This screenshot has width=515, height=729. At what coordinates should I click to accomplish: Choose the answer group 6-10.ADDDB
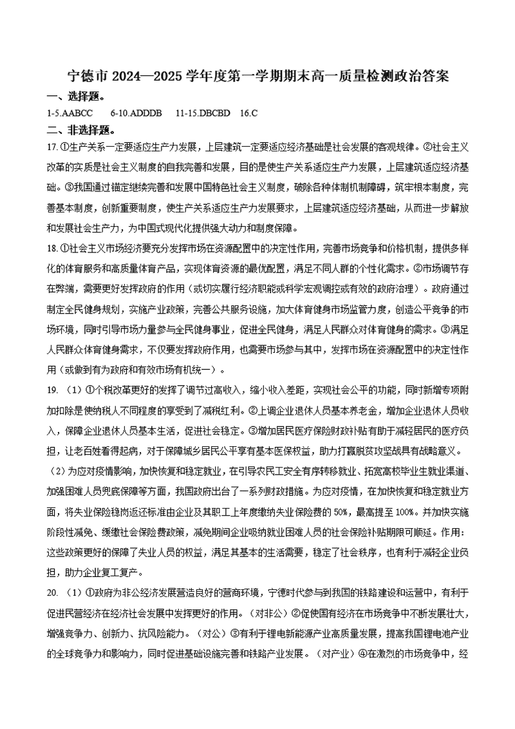point(136,113)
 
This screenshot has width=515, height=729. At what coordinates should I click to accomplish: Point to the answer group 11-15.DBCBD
point(202,113)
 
